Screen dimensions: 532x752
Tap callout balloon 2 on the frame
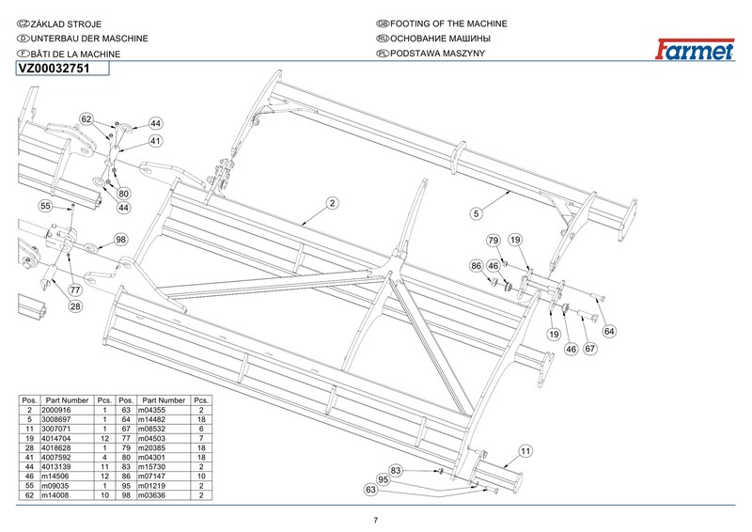pos(332,203)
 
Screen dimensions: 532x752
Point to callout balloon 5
pos(477,214)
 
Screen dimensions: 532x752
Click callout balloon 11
pos(525,451)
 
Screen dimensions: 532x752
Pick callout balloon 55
pos(44,206)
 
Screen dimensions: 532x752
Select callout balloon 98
pos(120,240)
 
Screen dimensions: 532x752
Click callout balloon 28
pos(75,306)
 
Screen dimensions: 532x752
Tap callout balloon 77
pos(74,290)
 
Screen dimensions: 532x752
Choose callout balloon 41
pos(155,140)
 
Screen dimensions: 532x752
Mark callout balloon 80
pos(124,193)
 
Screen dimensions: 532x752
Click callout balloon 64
pos(609,331)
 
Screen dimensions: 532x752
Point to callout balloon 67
pos(590,349)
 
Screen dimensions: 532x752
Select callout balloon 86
pos(477,267)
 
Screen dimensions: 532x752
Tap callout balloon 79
pos(493,242)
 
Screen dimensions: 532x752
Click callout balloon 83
pos(396,469)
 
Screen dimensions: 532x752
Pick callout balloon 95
pos(383,479)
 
